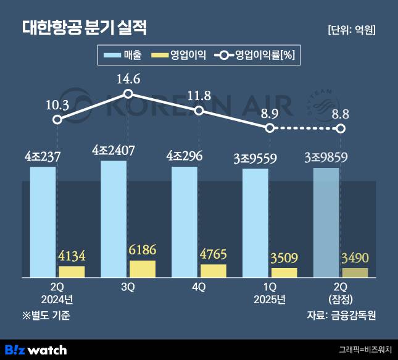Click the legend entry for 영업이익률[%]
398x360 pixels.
tap(255, 56)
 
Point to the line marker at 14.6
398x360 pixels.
tap(128, 94)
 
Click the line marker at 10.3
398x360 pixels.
tap(57, 119)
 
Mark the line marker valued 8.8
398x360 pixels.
tap(340, 128)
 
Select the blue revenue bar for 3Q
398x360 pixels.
tap(114, 219)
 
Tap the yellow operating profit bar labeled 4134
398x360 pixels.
tap(72, 271)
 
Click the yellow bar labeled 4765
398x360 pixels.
tap(214, 270)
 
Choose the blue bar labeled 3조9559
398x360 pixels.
tap(255, 222)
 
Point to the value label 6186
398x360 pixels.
tap(142, 251)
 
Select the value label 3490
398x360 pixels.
tap(355, 257)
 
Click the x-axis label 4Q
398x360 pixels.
tap(199, 288)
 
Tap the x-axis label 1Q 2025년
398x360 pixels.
tap(269, 294)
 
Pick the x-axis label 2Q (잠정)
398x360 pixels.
tap(341, 294)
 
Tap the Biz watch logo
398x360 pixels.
tap(35, 350)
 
